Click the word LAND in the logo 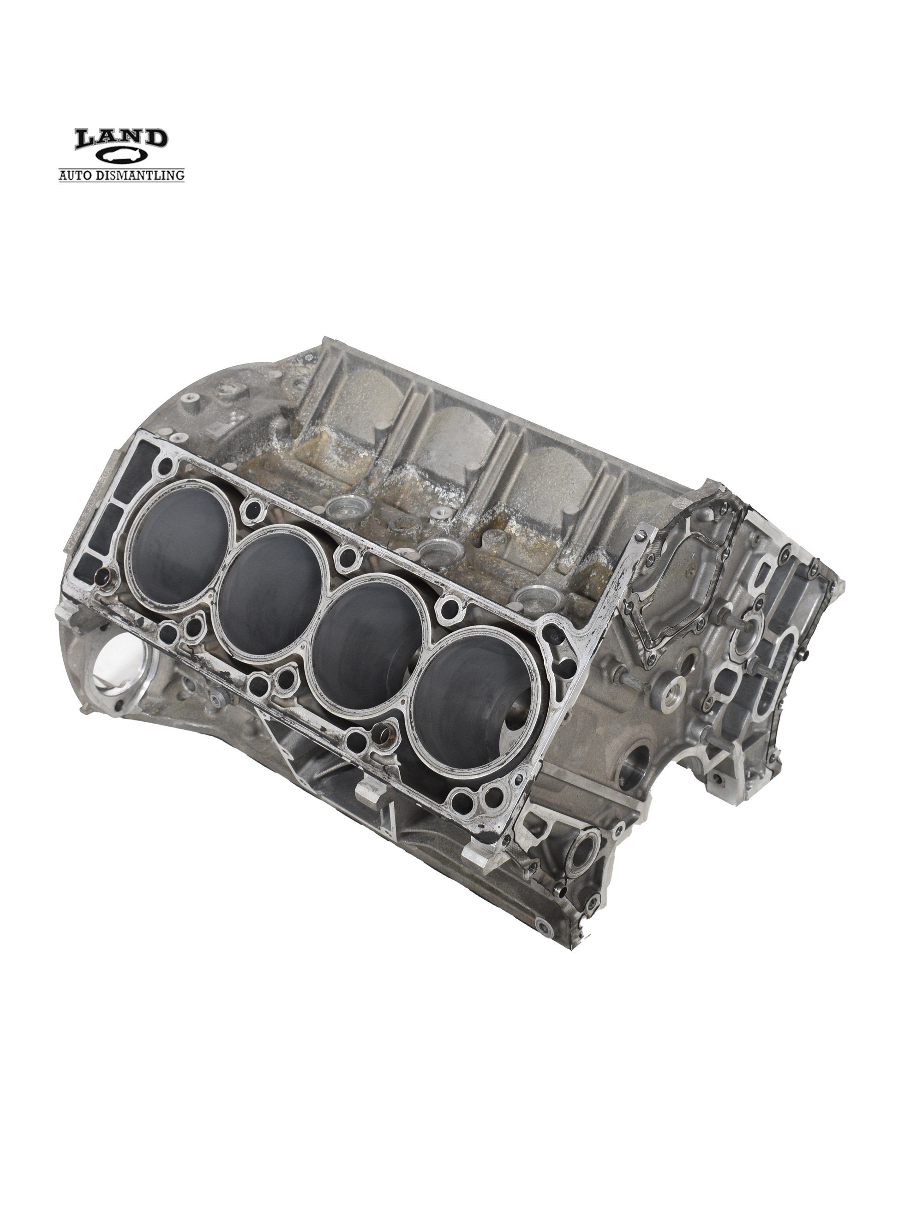pyautogui.click(x=121, y=139)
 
